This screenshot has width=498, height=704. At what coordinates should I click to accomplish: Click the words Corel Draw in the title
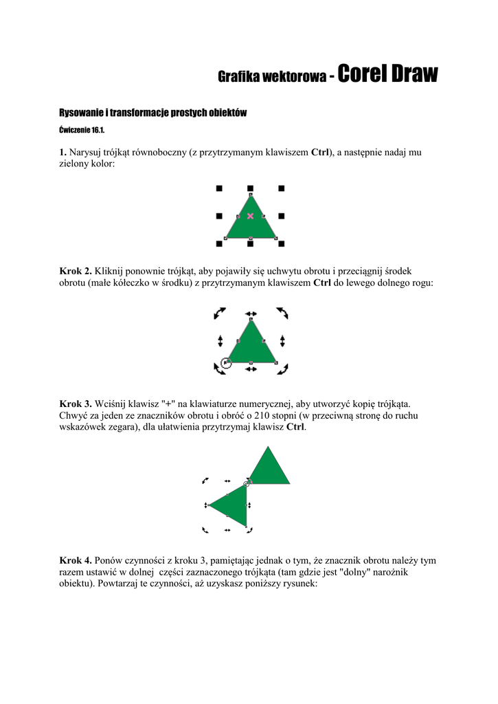pos(387,74)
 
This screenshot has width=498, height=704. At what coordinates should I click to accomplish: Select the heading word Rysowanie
pos(81,113)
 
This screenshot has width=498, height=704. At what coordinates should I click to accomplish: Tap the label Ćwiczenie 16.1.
pos(82,130)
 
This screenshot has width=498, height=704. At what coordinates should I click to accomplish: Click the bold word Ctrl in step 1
pos(320,153)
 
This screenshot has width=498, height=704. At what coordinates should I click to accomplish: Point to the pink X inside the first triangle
pos(250,216)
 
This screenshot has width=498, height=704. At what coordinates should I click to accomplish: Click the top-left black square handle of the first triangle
pos(219,188)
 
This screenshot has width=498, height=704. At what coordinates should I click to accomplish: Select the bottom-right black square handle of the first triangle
pos(282,243)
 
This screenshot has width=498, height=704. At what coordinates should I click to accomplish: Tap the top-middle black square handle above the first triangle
pos(250,188)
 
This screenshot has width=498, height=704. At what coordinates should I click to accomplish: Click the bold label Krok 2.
pos(76,272)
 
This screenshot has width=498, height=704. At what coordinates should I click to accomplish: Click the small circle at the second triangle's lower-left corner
pos(227,362)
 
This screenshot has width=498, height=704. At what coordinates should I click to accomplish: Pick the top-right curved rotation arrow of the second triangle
pos(282,313)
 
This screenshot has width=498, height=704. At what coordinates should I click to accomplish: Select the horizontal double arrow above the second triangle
pos(251,313)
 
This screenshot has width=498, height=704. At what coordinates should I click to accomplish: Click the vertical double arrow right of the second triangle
pos(282,341)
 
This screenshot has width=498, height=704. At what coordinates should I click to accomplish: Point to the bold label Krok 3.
pos(76,404)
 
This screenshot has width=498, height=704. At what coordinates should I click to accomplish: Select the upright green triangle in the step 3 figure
pos(269,470)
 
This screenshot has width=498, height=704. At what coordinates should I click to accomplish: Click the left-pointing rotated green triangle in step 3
pos(232,505)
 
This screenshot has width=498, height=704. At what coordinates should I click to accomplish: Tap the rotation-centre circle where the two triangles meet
pos(247,484)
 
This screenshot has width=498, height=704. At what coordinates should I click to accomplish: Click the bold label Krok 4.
pos(76,560)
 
